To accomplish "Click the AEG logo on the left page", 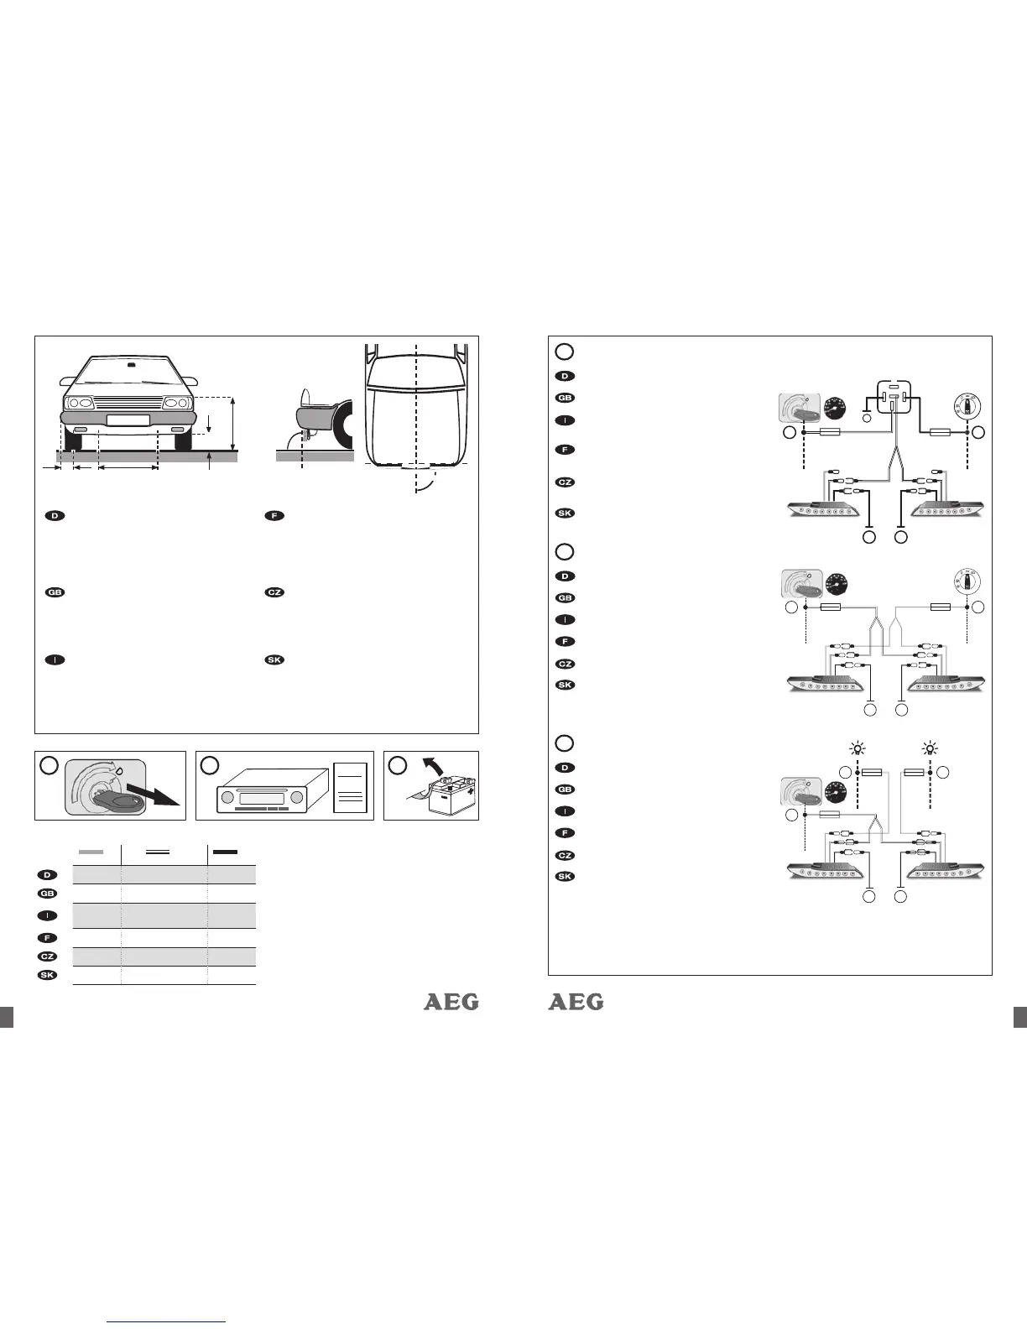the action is coord(451,1002).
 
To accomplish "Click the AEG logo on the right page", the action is coord(576,1002).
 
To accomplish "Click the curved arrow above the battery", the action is coord(432,766).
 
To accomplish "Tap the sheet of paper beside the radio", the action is coord(351,787).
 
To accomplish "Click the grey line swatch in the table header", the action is coord(91,852).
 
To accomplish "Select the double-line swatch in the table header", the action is coord(158,852).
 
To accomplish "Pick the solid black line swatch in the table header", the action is coord(224,852).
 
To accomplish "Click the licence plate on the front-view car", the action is coord(128,420).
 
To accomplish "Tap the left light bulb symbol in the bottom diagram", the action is coord(857,749).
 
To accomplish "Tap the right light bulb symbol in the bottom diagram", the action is coord(930,749).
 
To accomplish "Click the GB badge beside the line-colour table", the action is coord(49,893).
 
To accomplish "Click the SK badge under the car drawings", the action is coord(274,659).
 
